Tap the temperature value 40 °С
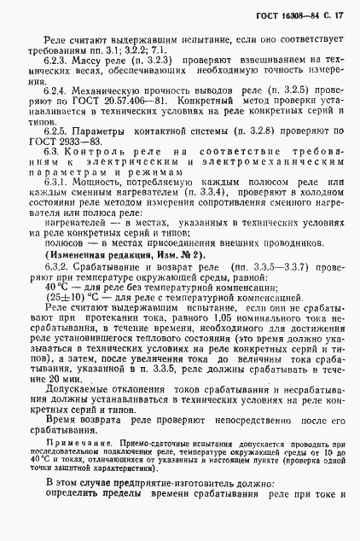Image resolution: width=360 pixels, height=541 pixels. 56,288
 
